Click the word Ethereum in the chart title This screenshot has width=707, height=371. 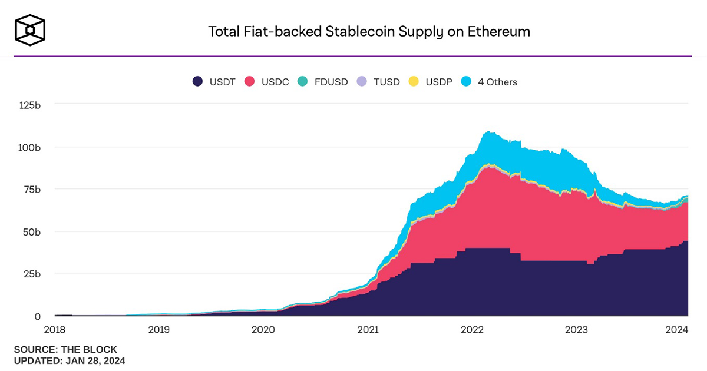498,31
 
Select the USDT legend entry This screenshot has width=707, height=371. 214,82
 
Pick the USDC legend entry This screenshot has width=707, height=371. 267,82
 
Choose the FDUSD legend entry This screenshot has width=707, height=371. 323,82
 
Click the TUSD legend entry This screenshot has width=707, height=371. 378,82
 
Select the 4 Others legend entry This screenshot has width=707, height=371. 490,82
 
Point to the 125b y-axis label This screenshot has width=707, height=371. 29,105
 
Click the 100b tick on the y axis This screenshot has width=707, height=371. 29,147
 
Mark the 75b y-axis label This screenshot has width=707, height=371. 32,190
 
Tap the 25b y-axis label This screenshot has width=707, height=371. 32,274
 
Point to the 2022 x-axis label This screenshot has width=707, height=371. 472,330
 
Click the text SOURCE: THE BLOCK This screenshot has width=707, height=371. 65,349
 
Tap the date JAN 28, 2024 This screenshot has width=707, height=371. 93,360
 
